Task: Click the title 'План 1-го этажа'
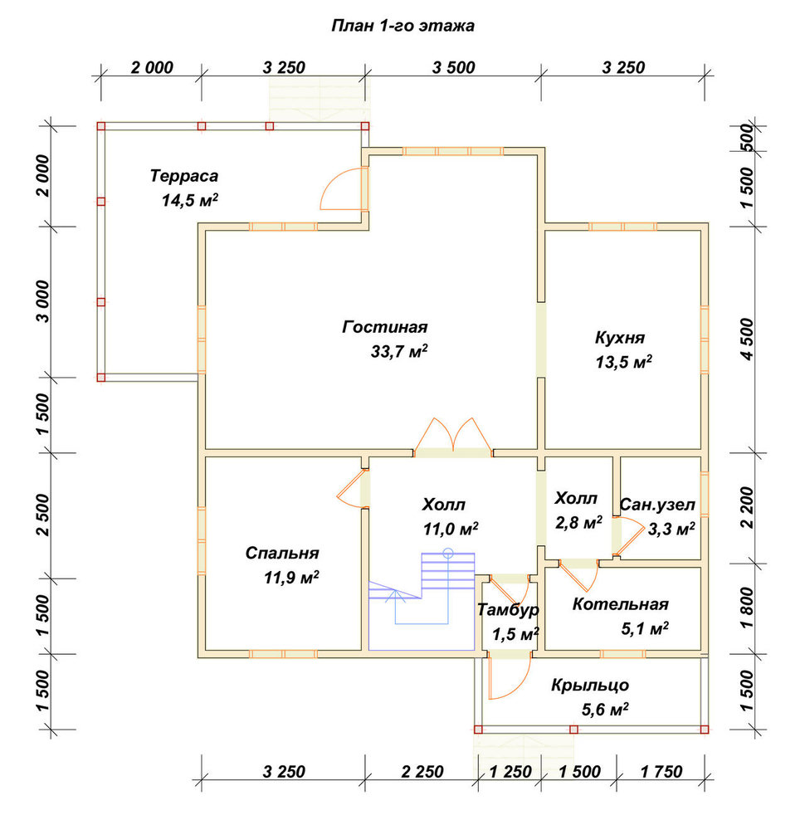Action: pyautogui.click(x=402, y=26)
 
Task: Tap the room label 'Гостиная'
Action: pyautogui.click(x=385, y=326)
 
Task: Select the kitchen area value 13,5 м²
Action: pyautogui.click(x=623, y=362)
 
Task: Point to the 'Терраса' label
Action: pyautogui.click(x=184, y=176)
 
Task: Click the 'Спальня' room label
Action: pyautogui.click(x=282, y=553)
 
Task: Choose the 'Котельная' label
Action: pyautogui.click(x=620, y=604)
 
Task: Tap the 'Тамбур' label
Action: pyautogui.click(x=508, y=610)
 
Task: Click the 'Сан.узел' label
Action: pyautogui.click(x=656, y=505)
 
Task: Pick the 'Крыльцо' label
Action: pyautogui.click(x=590, y=685)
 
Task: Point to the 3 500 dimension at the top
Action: pyautogui.click(x=454, y=68)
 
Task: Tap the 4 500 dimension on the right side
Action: pyautogui.click(x=747, y=339)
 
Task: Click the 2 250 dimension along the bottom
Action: pyautogui.click(x=422, y=772)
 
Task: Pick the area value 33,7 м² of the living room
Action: pyautogui.click(x=399, y=351)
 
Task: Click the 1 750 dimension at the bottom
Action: pyautogui.click(x=661, y=772)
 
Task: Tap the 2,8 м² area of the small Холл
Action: pyautogui.click(x=578, y=523)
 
